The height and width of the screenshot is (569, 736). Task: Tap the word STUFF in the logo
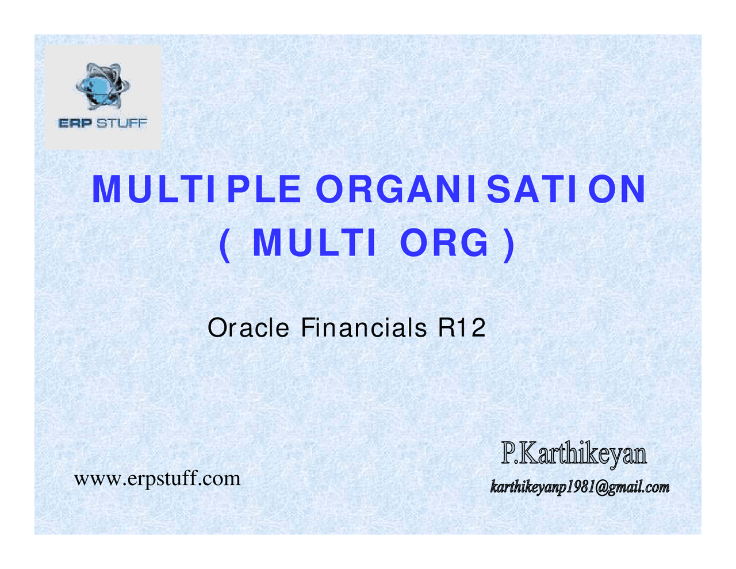[x=121, y=123]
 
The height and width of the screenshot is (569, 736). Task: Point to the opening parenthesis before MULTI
[x=225, y=244]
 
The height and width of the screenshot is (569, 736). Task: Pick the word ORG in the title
[x=444, y=243]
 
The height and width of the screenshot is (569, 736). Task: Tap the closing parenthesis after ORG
[x=508, y=244]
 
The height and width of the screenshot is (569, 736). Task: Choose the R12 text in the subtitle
[x=462, y=328]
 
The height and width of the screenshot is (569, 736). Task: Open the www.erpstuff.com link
[x=157, y=479]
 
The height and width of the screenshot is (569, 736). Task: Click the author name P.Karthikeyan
[x=574, y=454]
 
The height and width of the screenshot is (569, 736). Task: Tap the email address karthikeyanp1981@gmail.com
[x=580, y=488]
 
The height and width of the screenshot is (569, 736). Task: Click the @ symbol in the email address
[x=602, y=488]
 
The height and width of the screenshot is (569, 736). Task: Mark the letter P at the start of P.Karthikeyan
[x=508, y=454]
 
